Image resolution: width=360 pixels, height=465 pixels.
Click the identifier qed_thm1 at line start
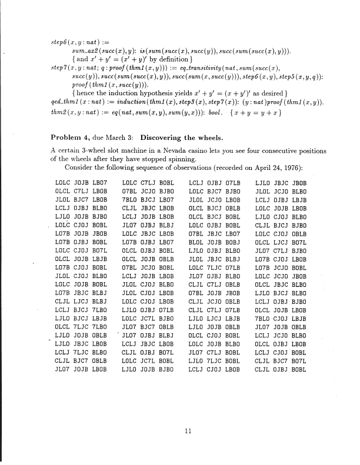62,102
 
